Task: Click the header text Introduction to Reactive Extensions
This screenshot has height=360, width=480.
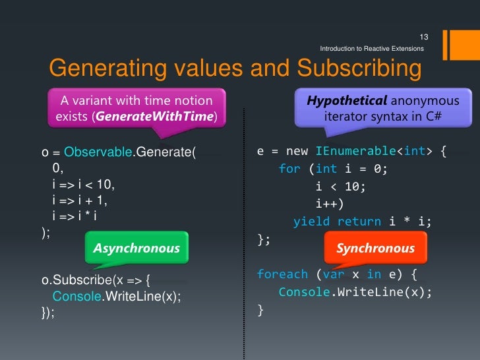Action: (371, 49)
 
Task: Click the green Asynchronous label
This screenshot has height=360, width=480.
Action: (136, 248)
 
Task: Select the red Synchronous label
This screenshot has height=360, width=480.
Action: (375, 248)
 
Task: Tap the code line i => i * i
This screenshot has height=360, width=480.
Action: (78, 216)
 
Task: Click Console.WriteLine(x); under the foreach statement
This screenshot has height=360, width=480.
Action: (355, 291)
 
